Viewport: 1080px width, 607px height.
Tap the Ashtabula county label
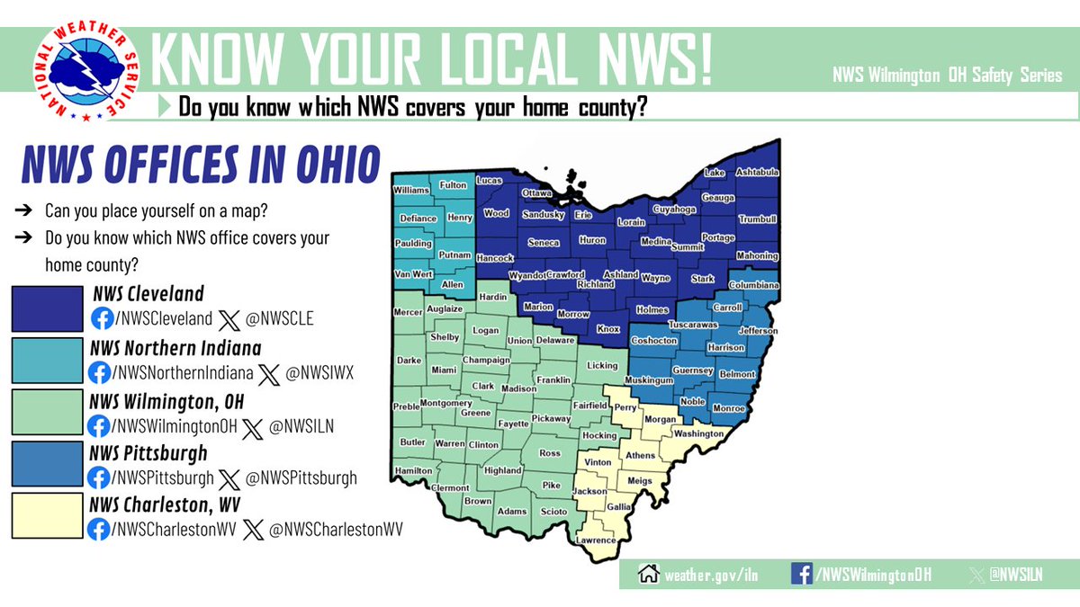click(757, 172)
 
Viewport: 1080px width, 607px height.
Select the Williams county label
click(411, 191)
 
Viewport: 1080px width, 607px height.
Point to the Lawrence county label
click(597, 540)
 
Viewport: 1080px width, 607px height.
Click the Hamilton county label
click(413, 469)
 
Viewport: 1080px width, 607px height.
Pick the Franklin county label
click(553, 379)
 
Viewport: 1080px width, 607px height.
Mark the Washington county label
click(698, 433)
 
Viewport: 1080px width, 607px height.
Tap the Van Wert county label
click(414, 274)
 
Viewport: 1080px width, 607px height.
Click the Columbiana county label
click(753, 285)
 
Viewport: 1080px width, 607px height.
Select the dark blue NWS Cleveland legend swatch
click(47, 308)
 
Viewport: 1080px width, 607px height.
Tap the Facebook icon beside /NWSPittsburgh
click(100, 478)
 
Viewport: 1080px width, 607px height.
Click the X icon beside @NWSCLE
click(230, 318)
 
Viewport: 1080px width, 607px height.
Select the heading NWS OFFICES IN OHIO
click(200, 168)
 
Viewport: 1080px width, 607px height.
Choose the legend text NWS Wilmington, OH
click(167, 400)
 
